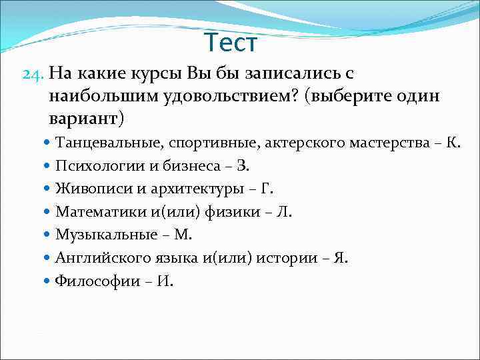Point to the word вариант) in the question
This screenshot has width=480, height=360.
[86, 119]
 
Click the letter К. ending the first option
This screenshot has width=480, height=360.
[453, 143]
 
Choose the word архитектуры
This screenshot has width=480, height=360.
[193, 189]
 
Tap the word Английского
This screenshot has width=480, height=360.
[97, 258]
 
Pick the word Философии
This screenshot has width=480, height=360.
[88, 281]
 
